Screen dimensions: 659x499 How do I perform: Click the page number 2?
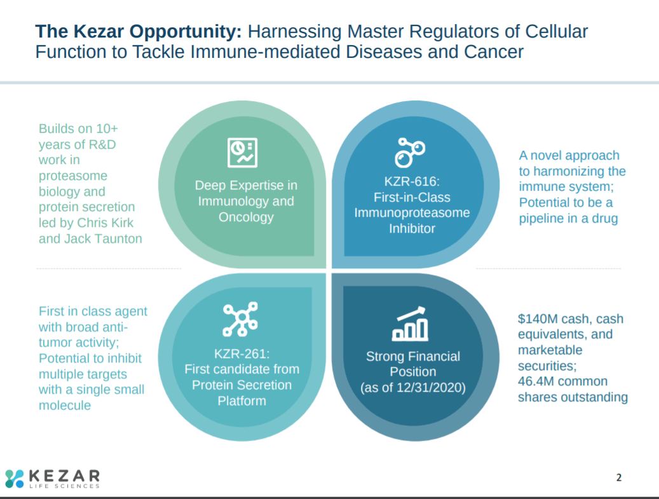coord(619,477)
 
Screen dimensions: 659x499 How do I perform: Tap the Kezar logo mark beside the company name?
coord(14,479)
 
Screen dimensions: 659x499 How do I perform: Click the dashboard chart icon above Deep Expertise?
coord(243,153)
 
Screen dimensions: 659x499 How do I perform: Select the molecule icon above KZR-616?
coord(410,153)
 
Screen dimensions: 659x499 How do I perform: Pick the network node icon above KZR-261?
coord(240,319)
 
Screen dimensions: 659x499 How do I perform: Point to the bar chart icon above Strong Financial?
coord(410,324)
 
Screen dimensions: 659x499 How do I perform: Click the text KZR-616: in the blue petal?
coord(412,182)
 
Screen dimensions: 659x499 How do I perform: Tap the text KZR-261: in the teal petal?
coord(242,354)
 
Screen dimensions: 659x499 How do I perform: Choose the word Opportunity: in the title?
coord(185,32)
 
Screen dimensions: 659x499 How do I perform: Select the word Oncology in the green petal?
coord(247,217)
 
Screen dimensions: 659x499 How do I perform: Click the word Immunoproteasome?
coord(412,213)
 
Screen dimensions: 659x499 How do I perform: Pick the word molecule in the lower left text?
coord(65,406)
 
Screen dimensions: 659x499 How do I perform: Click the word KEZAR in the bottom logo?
coord(64,476)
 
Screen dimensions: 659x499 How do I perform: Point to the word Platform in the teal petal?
coord(242,401)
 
